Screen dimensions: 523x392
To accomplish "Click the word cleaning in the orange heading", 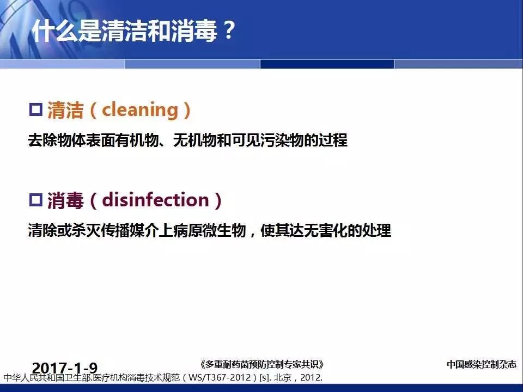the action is (x=141, y=110).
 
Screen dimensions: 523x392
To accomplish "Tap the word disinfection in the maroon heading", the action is (x=155, y=200).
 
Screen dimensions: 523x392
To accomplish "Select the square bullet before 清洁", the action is (x=36, y=109).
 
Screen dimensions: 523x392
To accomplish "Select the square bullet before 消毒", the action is (x=36, y=200).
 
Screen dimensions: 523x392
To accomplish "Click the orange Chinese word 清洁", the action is (x=65, y=110).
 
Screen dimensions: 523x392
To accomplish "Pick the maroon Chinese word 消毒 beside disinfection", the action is (x=65, y=200).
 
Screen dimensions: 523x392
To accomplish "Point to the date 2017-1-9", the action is (x=65, y=368).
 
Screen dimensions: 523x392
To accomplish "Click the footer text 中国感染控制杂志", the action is (x=481, y=364).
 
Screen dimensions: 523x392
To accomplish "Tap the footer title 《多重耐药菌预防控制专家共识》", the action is (x=262, y=364).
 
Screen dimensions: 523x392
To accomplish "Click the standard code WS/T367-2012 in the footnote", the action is (x=220, y=378).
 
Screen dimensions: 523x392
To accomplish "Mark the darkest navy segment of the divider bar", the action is (x=327, y=64).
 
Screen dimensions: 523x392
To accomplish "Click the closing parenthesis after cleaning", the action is (x=187, y=111).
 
